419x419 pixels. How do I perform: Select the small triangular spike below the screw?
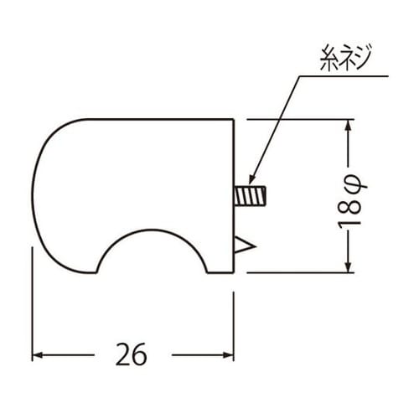point(244,245)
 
